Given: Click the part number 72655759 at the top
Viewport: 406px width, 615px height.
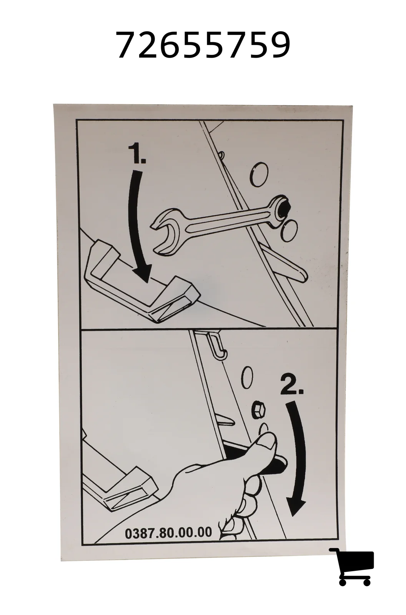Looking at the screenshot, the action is pos(204,45).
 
